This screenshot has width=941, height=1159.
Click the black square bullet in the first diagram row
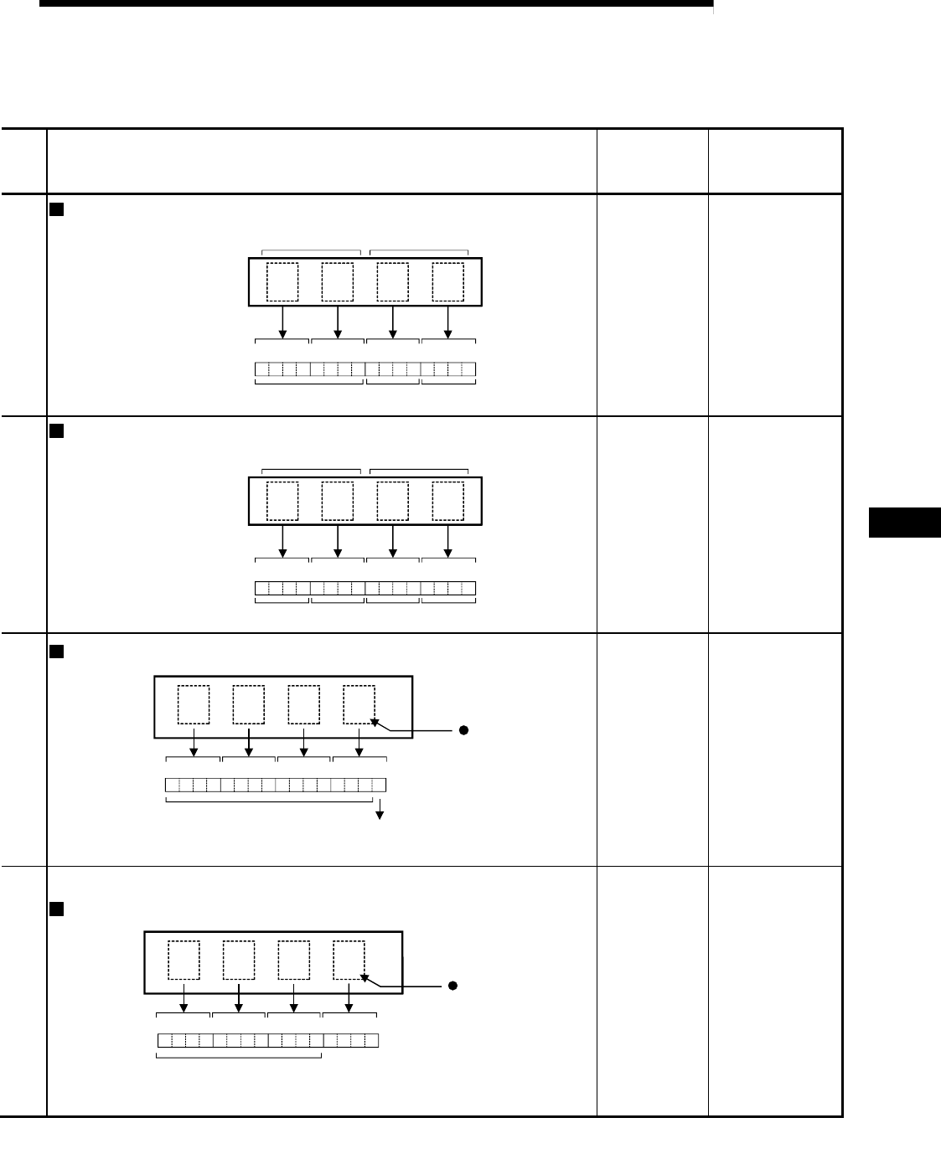57,210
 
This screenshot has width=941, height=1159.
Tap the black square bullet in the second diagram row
57,431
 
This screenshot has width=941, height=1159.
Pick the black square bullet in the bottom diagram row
57,909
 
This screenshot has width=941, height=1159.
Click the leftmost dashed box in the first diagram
282,282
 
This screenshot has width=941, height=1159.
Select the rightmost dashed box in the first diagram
447,282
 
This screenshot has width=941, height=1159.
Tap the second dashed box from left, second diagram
337,501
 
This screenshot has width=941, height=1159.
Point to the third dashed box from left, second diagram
392,501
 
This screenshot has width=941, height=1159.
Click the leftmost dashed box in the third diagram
194,704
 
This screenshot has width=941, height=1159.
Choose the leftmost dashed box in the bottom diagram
184,960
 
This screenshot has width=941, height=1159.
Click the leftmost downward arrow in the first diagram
282,322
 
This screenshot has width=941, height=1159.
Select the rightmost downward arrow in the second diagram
447,541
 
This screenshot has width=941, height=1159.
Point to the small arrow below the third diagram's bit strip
380,811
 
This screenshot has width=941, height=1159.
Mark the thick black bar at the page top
376,3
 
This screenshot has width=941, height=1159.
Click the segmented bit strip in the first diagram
365,369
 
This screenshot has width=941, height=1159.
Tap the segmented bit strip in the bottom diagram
268,1041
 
